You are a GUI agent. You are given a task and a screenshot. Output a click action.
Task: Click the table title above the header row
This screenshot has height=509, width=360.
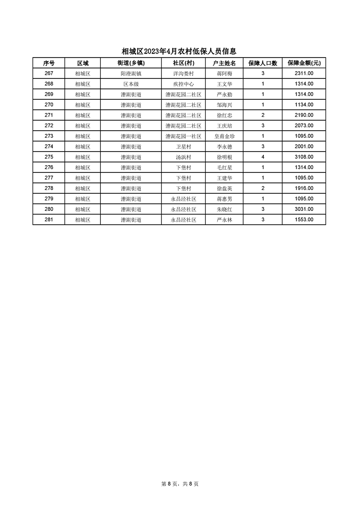(179, 52)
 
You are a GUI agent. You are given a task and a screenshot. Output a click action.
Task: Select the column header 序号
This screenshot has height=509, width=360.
(49, 63)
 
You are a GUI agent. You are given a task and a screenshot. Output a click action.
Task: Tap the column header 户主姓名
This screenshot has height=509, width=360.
(225, 63)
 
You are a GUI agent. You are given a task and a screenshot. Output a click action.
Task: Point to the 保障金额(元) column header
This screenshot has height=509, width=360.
(304, 63)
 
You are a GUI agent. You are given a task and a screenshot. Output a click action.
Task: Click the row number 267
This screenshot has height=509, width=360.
(49, 73)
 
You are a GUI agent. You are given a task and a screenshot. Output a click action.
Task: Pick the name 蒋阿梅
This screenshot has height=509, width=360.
(225, 73)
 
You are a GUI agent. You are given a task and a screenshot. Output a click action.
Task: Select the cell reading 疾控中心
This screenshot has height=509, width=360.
(183, 84)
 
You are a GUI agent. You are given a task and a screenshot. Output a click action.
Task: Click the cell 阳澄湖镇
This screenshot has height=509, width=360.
(131, 73)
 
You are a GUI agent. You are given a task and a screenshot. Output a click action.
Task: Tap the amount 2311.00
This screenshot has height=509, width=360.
(304, 73)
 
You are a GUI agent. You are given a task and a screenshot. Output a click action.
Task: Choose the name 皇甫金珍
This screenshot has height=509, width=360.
(225, 136)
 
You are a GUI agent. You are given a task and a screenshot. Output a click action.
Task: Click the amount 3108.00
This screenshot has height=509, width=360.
(304, 157)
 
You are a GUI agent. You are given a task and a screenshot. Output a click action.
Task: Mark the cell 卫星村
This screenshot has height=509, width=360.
(183, 147)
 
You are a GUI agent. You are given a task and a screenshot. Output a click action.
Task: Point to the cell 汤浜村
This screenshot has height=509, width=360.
(183, 157)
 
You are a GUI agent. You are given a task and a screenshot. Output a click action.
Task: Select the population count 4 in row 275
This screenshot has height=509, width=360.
(263, 157)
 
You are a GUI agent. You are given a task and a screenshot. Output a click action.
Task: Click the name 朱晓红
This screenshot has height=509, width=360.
(225, 209)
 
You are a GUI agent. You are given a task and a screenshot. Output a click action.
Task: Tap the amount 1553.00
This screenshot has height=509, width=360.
(304, 220)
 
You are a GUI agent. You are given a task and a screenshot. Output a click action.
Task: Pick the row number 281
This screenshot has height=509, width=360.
(49, 220)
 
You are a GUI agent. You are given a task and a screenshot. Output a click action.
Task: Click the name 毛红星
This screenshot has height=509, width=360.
(225, 167)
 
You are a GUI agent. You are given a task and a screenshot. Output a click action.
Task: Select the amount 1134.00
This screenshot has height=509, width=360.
(304, 105)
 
